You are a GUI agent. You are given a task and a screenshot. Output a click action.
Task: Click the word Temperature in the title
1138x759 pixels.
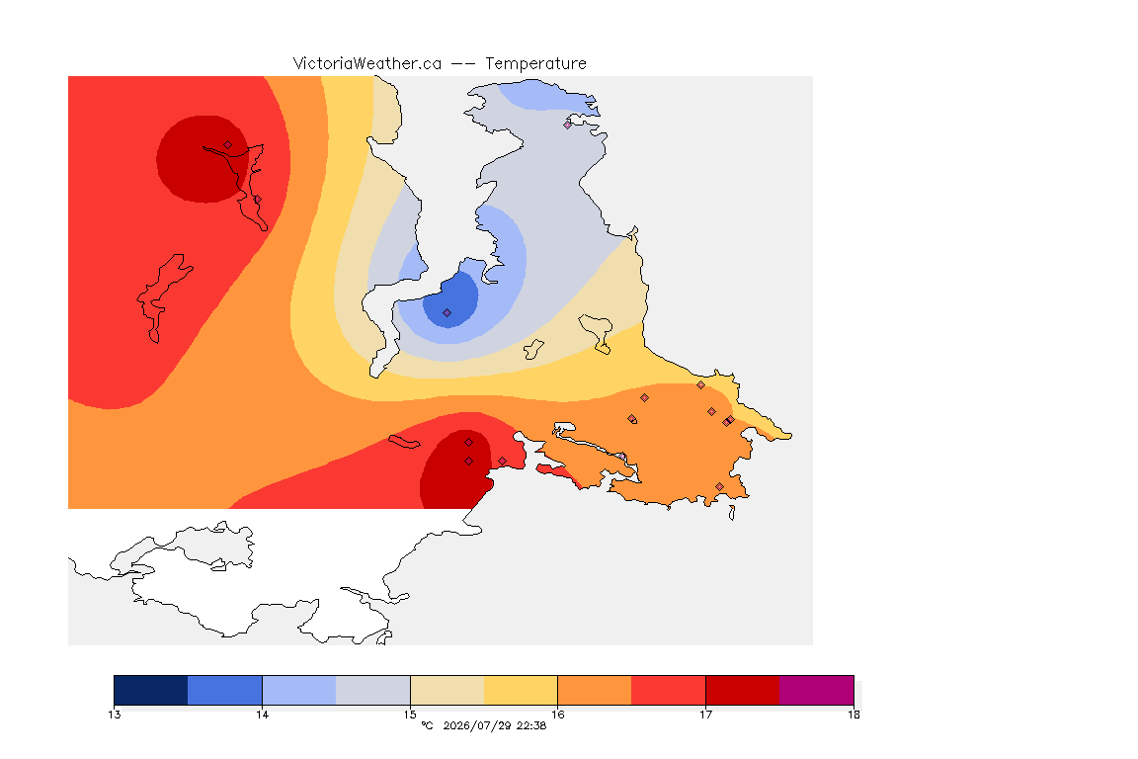pyautogui.click(x=535, y=64)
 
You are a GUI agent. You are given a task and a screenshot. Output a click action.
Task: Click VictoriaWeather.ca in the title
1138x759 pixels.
pyautogui.click(x=367, y=64)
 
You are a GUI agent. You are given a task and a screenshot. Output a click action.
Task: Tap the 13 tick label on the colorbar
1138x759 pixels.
pyautogui.click(x=115, y=715)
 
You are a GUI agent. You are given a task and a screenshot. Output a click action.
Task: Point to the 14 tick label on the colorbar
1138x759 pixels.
pyautogui.click(x=262, y=715)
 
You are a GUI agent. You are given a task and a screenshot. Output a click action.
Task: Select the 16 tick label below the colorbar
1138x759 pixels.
pyautogui.click(x=557, y=715)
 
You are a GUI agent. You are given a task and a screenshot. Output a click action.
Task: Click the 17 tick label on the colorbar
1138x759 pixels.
pyautogui.click(x=705, y=715)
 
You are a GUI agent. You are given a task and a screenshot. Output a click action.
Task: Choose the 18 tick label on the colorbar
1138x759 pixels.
pyautogui.click(x=853, y=715)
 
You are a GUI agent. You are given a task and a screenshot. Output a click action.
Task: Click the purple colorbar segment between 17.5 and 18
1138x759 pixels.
pyautogui.click(x=817, y=690)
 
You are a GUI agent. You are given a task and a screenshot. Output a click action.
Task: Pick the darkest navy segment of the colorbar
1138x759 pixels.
pyautogui.click(x=151, y=690)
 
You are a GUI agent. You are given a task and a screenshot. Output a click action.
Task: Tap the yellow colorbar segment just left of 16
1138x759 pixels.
pyautogui.click(x=521, y=690)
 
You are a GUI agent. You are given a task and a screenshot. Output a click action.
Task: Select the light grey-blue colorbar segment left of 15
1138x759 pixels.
pyautogui.click(x=373, y=690)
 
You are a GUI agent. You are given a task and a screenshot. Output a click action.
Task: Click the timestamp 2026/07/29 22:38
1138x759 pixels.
pyautogui.click(x=494, y=725)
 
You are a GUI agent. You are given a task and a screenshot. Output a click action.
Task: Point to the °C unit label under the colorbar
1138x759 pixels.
pyautogui.click(x=428, y=725)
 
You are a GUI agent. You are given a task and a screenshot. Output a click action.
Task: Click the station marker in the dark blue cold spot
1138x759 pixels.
pyautogui.click(x=447, y=313)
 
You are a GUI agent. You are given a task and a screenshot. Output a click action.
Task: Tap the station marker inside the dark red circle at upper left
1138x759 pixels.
pyautogui.click(x=228, y=145)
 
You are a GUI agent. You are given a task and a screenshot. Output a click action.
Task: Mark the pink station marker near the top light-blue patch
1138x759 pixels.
pyautogui.click(x=568, y=125)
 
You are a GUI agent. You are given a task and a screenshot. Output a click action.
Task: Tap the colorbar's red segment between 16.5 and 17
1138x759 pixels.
pyautogui.click(x=669, y=690)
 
